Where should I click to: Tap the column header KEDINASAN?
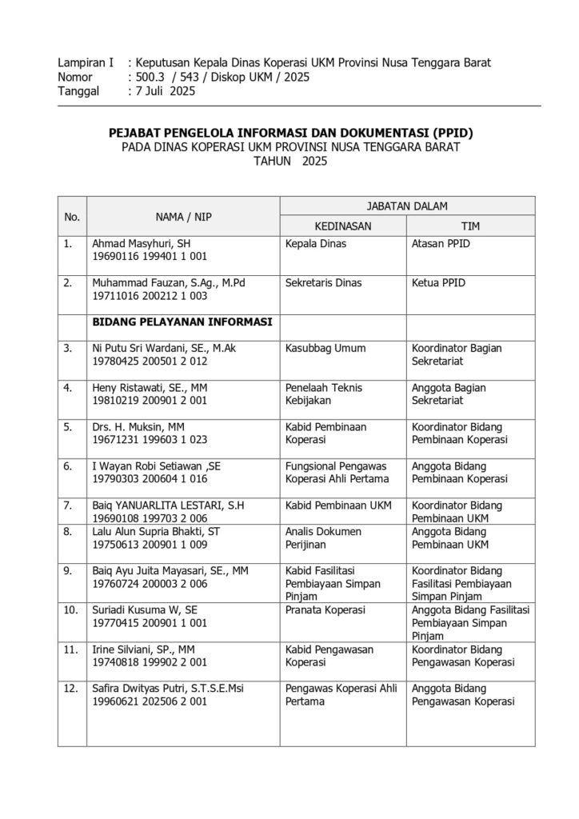coord(342,226)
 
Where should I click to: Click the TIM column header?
coord(471,226)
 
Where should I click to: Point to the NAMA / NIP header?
coord(183,216)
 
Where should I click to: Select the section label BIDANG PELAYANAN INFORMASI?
coord(182,322)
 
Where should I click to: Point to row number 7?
coord(70,505)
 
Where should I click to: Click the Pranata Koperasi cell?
coord(325,609)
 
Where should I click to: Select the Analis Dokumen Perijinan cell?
coord(323,537)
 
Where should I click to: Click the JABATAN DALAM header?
coord(407,206)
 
